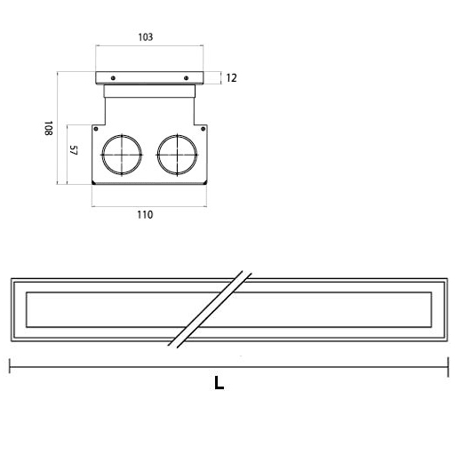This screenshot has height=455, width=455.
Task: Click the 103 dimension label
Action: pos(146,37)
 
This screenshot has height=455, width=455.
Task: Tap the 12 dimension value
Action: pos(231,78)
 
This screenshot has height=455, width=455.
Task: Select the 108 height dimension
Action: pos(48,128)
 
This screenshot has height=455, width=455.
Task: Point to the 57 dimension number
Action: pos(73,150)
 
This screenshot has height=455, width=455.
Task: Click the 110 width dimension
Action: pos(145,214)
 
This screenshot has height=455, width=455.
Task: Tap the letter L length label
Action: pos(219,383)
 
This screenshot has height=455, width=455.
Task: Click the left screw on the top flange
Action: pos(113,78)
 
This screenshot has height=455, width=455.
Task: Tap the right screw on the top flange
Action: pos(186,78)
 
